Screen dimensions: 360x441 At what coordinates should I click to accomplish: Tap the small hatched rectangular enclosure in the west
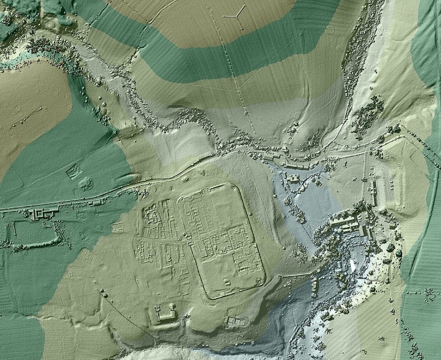point(72,173)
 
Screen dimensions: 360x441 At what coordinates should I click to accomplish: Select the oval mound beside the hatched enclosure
point(86,183)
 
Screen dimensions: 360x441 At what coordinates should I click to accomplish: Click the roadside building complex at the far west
point(42,214)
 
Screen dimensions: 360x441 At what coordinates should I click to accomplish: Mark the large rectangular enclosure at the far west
point(33,236)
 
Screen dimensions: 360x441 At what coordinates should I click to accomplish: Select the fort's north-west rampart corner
point(179,197)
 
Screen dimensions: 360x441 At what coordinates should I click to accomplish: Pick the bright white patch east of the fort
point(351,265)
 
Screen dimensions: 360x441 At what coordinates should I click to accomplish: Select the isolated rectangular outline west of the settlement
point(117,227)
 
